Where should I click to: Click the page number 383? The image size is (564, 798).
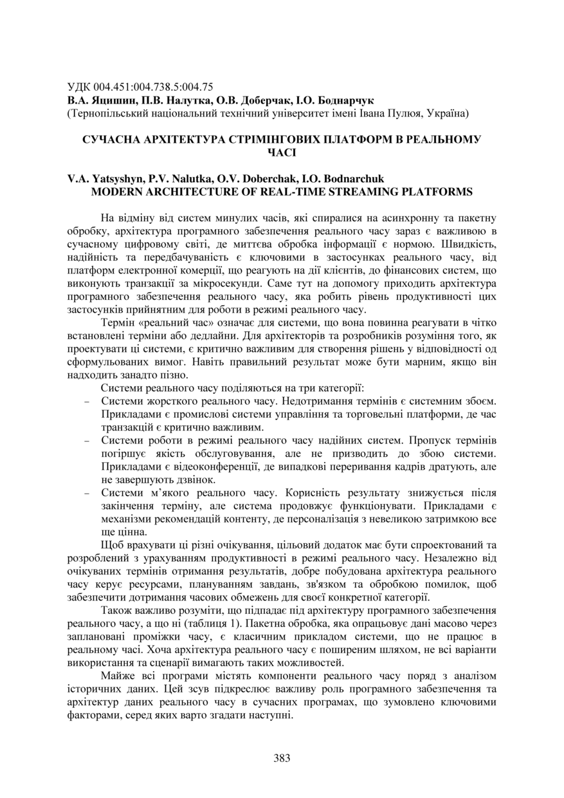point(282,757)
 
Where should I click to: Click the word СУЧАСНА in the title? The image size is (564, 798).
point(110,140)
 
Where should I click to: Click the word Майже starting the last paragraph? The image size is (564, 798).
point(117,676)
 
